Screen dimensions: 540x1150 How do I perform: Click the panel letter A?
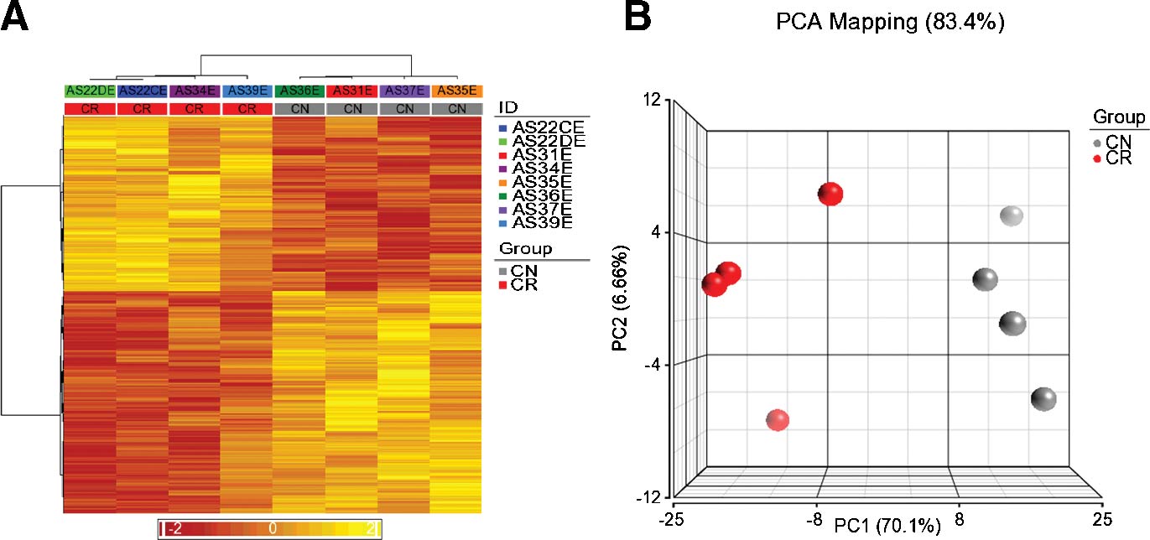point(17,18)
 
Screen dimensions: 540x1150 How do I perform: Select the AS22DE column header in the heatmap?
point(90,91)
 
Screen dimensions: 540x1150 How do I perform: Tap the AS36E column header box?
point(299,91)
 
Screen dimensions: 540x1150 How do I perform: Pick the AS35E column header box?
point(457,91)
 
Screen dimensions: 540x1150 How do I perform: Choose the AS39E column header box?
point(247,91)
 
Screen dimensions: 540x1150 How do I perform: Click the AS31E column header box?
point(351,91)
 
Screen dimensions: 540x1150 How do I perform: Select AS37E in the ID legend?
point(543,208)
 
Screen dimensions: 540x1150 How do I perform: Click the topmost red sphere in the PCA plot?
point(830,194)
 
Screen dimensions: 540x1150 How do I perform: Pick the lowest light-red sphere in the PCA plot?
point(778,420)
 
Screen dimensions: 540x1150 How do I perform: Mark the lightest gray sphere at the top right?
point(1012,216)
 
